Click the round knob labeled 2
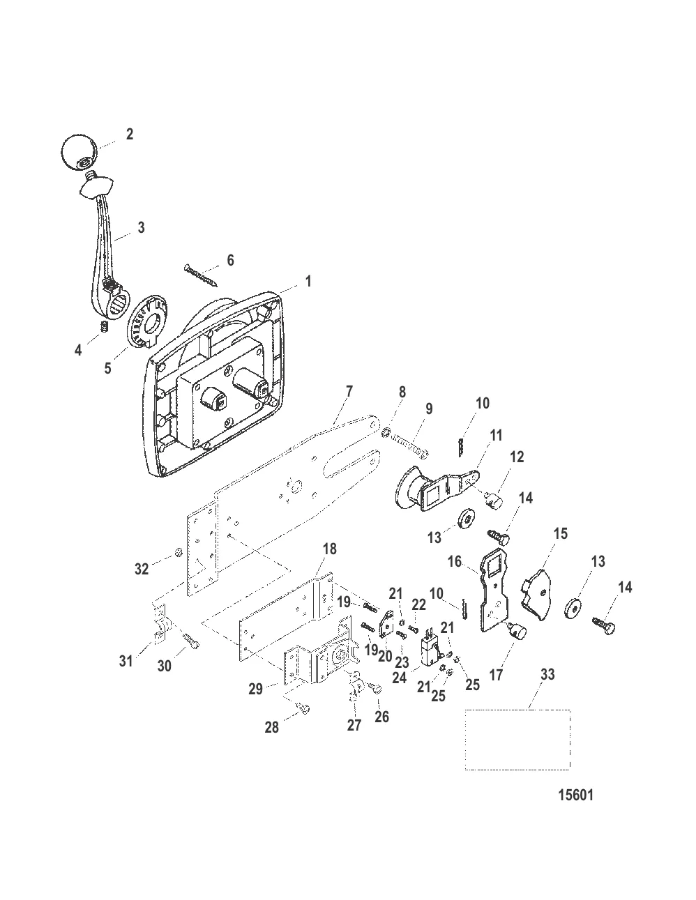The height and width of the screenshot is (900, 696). pos(79,151)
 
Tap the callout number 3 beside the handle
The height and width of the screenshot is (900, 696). pos(142,227)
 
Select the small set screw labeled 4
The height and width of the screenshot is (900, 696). pos(105,326)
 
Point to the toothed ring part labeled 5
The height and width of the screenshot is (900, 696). pos(148,321)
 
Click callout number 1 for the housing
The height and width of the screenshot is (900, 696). pos(308,282)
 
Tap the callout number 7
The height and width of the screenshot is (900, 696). pos(349,391)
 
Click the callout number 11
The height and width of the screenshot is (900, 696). pos(495,435)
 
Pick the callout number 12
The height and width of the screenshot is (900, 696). pos(517,457)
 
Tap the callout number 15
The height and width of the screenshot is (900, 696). pos(560,533)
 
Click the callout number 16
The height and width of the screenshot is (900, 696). pos(455,562)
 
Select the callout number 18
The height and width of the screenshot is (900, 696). pos(330,549)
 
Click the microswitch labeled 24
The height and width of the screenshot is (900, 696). pos(430,651)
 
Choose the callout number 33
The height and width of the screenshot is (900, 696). pos(547,674)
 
